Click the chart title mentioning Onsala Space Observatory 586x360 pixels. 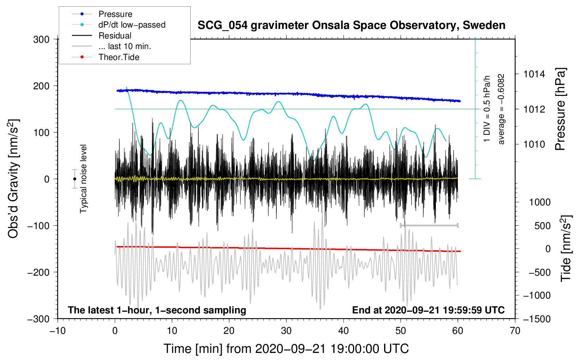tap(351, 25)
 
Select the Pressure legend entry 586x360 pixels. tap(115, 14)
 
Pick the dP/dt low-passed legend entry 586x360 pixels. tap(132, 25)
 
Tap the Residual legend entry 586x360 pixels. tap(115, 36)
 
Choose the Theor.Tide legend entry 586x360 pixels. tap(119, 57)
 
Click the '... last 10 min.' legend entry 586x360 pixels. tap(125, 46)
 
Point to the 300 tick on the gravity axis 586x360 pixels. tap(41, 40)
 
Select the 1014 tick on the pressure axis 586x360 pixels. tap(534, 74)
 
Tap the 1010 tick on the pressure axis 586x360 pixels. tap(534, 144)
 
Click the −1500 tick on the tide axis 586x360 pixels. tap(537, 319)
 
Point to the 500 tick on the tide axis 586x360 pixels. tap(542, 226)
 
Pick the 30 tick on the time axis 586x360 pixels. tap(286, 331)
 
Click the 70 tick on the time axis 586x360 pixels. tap(515, 331)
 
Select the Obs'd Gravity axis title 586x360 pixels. tap(13, 179)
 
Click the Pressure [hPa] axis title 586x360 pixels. tap(560, 109)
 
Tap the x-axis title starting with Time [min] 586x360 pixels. tap(286, 349)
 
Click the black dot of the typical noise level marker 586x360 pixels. tap(74, 179)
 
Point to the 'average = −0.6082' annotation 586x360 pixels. tap(501, 109)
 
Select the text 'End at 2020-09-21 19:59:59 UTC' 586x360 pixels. tap(428, 310)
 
